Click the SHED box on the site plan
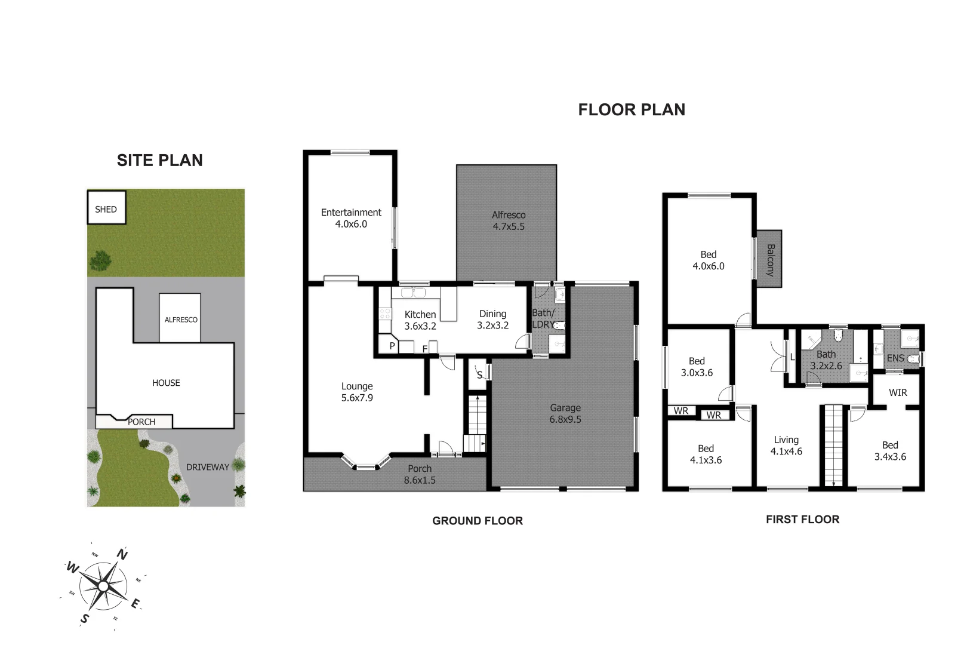pos(106,208)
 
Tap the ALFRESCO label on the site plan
pos(181,320)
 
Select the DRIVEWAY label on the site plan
pos(208,467)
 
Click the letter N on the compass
pos(122,554)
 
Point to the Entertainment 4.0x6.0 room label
pos(351,218)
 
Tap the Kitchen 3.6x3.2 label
pos(420,320)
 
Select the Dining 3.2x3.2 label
pos(493,320)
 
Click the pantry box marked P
pos(392,346)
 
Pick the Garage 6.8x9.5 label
pos(565,413)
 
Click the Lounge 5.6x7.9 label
pos(357,392)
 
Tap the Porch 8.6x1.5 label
pos(420,474)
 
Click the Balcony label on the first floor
pos(770,259)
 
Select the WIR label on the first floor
pos(898,392)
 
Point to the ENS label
pos(895,358)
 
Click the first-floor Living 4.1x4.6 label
pos(786,446)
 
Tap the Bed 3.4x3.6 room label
pos(890,451)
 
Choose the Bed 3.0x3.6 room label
pos(697,367)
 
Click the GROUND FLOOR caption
pos(478,521)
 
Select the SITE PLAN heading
pos(160,160)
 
